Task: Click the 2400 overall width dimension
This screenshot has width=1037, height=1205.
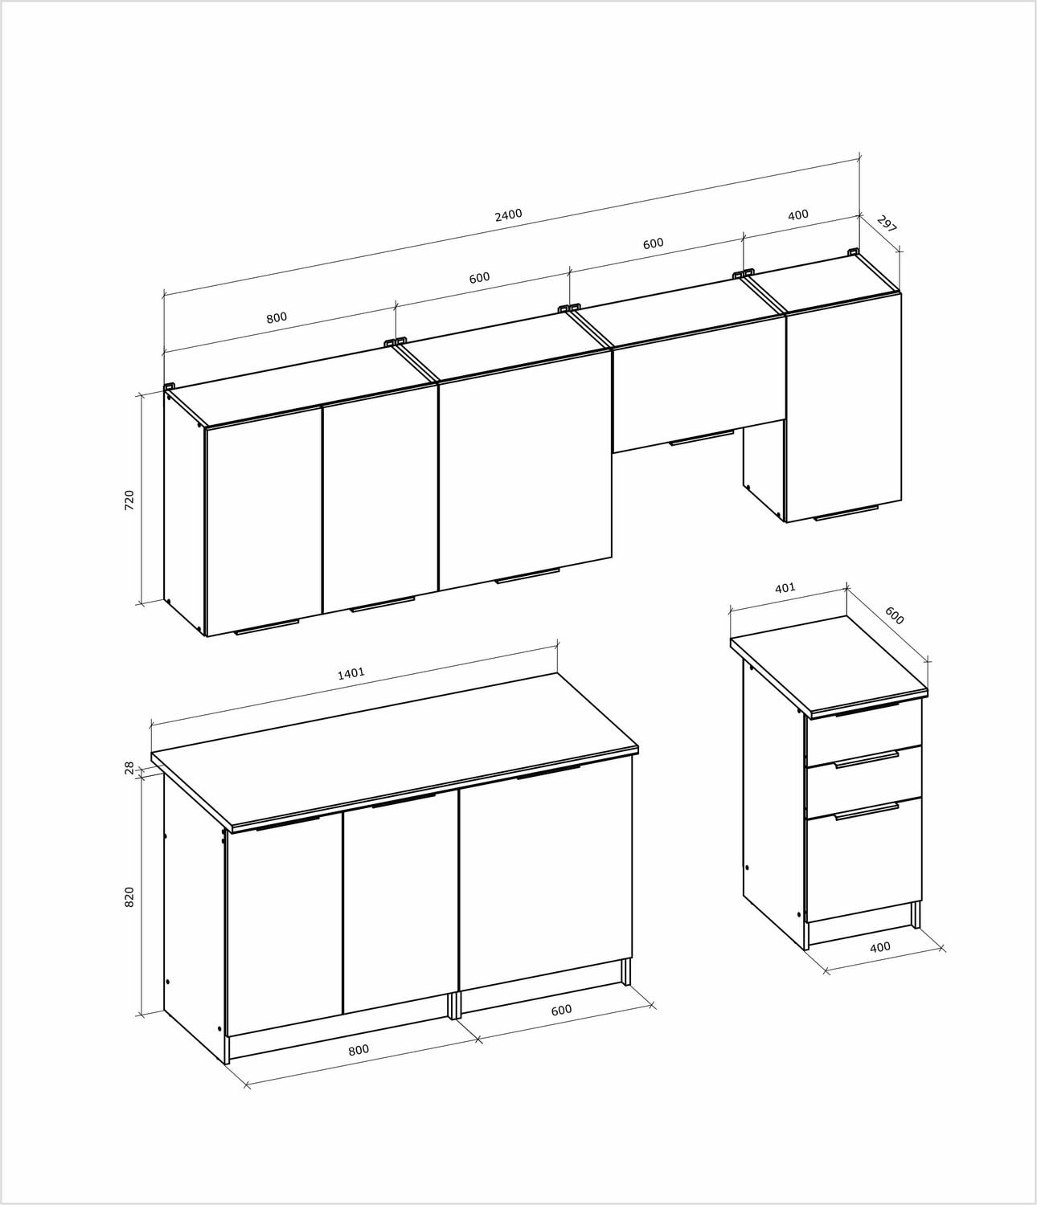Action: tap(508, 215)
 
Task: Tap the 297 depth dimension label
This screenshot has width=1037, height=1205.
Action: tap(886, 224)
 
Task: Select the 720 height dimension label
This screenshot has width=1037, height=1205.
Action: tap(129, 500)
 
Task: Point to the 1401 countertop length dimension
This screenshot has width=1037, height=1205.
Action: tap(351, 673)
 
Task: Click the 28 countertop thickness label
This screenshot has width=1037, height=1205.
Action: tap(129, 768)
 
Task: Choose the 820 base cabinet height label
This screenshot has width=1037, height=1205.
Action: tap(129, 897)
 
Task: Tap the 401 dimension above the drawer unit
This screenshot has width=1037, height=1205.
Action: tap(785, 588)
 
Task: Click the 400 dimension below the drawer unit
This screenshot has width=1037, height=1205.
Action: tap(880, 947)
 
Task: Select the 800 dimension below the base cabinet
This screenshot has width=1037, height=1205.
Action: tap(359, 1050)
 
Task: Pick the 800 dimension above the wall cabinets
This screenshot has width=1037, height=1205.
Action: tap(277, 318)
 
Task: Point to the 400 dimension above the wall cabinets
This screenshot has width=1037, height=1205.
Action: tap(798, 214)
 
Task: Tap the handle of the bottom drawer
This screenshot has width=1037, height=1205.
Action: tap(867, 811)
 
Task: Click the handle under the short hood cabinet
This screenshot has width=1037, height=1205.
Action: tap(702, 438)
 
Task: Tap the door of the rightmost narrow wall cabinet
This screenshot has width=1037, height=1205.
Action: tap(843, 407)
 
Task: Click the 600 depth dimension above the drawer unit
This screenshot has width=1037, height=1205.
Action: tap(895, 615)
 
